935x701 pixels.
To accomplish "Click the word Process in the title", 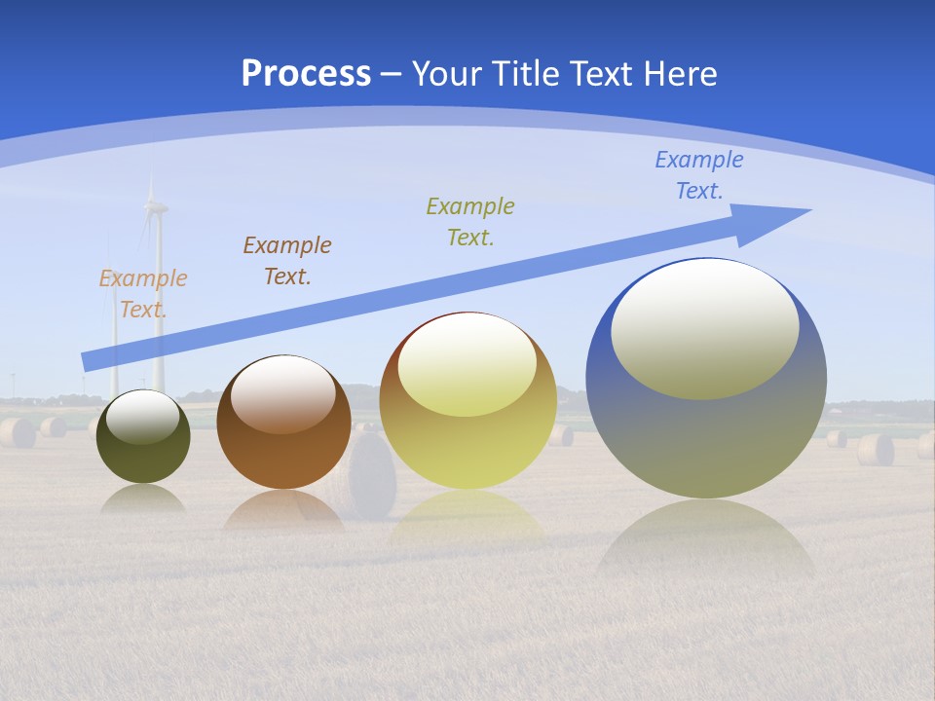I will (306, 74).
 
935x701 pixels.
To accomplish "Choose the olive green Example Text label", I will (470, 222).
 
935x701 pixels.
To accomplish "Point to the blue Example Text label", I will (699, 175).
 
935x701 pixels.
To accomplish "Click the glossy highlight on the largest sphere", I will (705, 329).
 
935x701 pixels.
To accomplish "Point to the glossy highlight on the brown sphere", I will (283, 393).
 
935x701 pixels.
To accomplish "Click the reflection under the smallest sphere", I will (143, 499).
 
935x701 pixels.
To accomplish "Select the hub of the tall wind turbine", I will (155, 205).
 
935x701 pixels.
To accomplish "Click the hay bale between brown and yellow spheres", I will (371, 477).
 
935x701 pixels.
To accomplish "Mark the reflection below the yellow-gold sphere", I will (467, 516).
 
